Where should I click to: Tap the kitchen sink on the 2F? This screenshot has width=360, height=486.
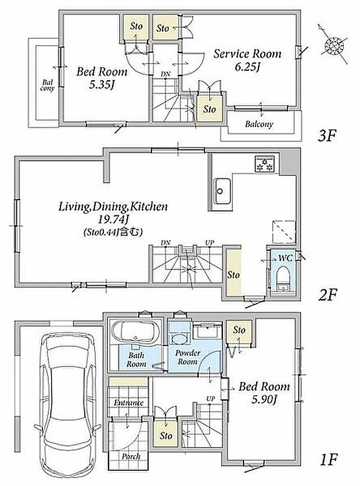coord(222,191)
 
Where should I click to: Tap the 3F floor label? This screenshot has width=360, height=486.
coord(327,135)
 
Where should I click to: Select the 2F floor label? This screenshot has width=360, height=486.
coord(327,295)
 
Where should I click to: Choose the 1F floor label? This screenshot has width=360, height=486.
coord(329,459)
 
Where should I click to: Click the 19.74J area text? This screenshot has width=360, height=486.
coord(113,219)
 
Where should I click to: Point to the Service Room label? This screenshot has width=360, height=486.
coord(248,54)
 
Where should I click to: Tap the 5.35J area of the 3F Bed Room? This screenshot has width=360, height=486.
coord(102,84)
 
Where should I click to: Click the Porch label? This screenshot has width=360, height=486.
coord(131,456)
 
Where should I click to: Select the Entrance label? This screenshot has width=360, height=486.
coord(129,402)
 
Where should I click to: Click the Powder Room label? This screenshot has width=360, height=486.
coord(188,357)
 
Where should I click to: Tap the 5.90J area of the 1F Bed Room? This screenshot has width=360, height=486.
coord(264,399)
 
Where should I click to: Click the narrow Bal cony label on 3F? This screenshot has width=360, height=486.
coord(47,85)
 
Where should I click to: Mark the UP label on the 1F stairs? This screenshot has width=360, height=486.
coord(211,398)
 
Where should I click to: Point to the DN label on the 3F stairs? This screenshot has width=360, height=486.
coord(165,74)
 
